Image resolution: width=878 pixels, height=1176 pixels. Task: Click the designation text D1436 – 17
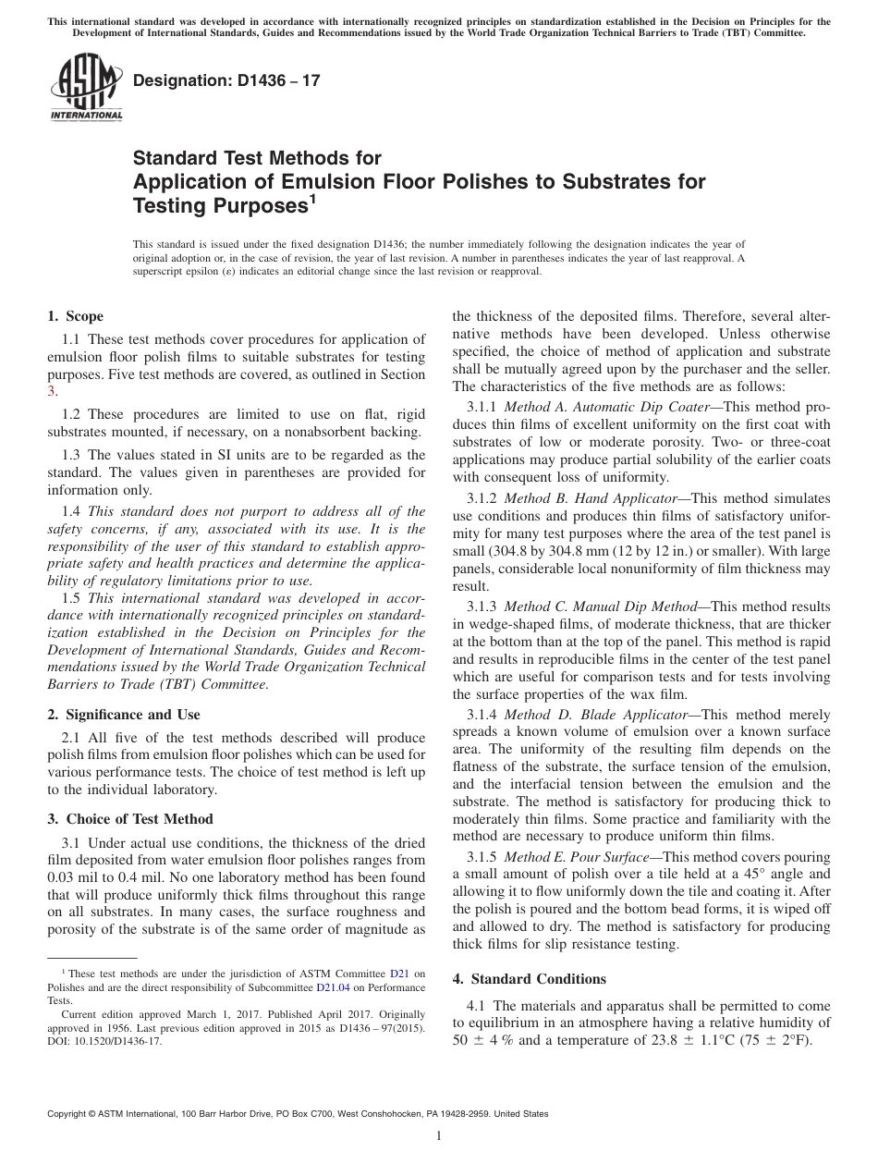pyautogui.click(x=227, y=81)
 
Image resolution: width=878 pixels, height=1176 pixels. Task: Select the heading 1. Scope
pyautogui.click(x=75, y=316)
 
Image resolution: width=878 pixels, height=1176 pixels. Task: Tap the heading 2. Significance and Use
pyautogui.click(x=123, y=714)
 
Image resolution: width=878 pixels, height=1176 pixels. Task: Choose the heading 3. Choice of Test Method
pyautogui.click(x=129, y=818)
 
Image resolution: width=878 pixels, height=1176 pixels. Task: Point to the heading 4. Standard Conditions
pyautogui.click(x=529, y=978)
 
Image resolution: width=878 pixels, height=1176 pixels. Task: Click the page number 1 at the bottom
pyautogui.click(x=439, y=1135)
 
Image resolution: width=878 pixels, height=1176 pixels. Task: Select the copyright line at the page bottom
pyautogui.click(x=297, y=1114)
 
